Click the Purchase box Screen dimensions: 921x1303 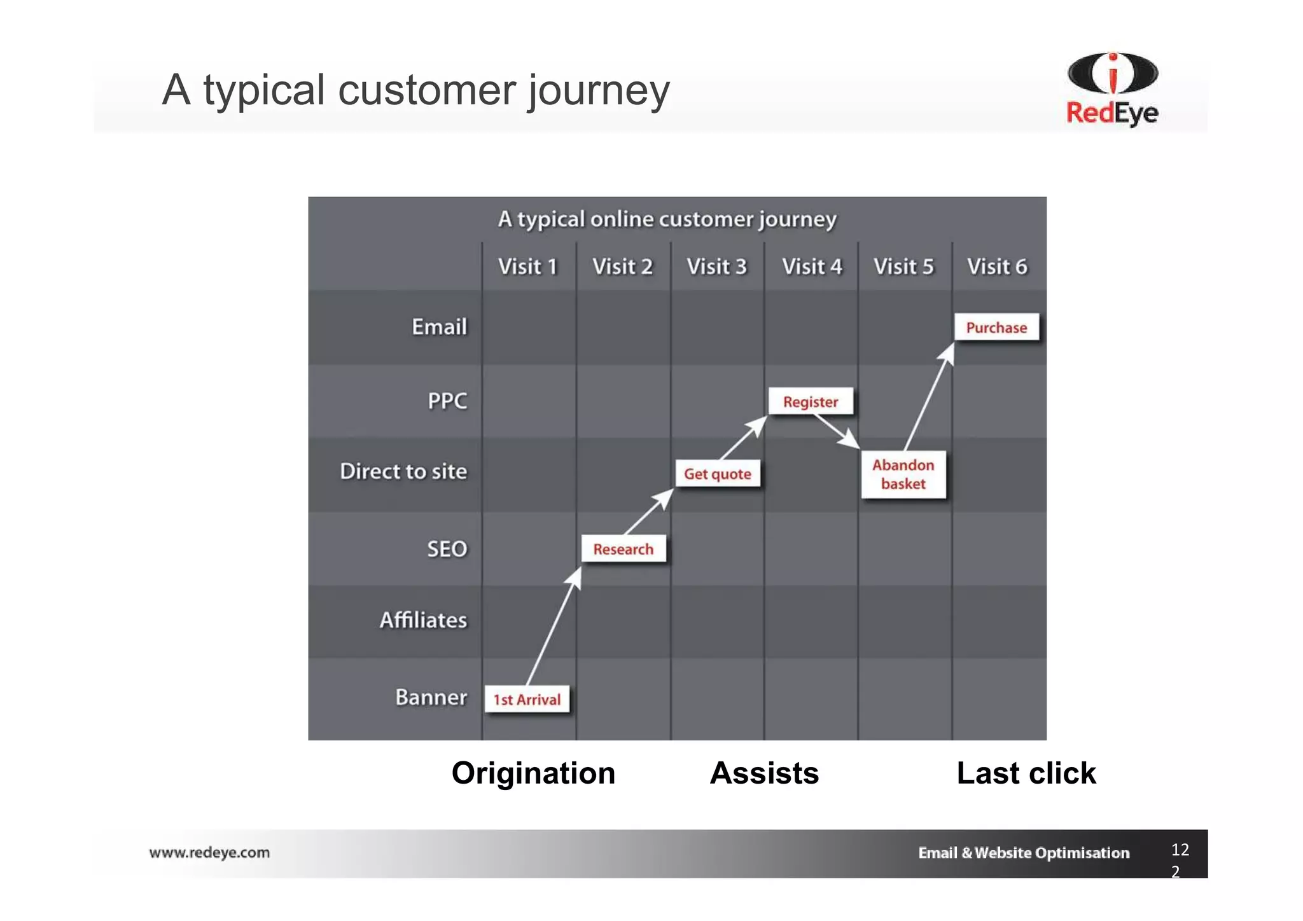click(996, 328)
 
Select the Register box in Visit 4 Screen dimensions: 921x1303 click(811, 402)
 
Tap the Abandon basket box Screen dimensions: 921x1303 click(903, 474)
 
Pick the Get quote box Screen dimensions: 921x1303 click(718, 474)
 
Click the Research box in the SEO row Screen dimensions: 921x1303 click(624, 549)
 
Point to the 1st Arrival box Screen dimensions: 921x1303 click(527, 699)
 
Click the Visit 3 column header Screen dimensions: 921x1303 click(716, 267)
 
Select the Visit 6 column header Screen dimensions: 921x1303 click(997, 267)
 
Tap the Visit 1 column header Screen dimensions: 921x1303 click(527, 267)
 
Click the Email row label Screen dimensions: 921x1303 click(439, 327)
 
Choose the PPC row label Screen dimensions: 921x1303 click(447, 401)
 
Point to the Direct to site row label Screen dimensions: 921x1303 click(403, 471)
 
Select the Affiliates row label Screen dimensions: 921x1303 click(423, 620)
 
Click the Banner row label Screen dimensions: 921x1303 click(431, 697)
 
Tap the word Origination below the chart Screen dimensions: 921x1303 click(533, 773)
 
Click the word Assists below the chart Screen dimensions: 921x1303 click(764, 773)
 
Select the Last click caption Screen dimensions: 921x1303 click(1026, 773)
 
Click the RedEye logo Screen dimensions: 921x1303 click(1112, 89)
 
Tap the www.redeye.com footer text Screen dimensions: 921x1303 click(209, 852)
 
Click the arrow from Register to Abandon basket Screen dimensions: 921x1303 click(836, 431)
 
